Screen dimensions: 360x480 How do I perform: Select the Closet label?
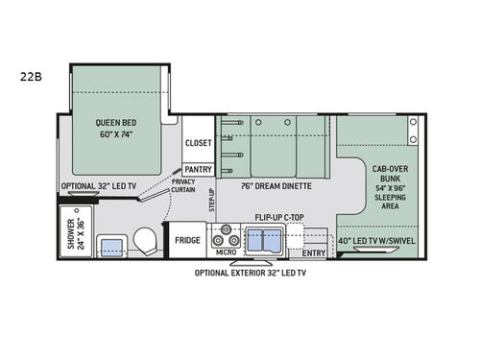tap(198, 143)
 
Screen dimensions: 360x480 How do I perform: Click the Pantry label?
tap(198, 169)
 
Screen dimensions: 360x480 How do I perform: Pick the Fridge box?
tap(187, 239)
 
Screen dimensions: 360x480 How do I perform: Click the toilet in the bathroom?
tap(144, 240)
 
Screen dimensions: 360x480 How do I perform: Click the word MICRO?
tap(227, 252)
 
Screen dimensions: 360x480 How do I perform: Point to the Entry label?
tap(313, 252)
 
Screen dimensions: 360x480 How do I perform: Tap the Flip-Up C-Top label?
tap(281, 218)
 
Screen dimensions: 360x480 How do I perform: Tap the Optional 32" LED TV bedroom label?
tap(95, 186)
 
